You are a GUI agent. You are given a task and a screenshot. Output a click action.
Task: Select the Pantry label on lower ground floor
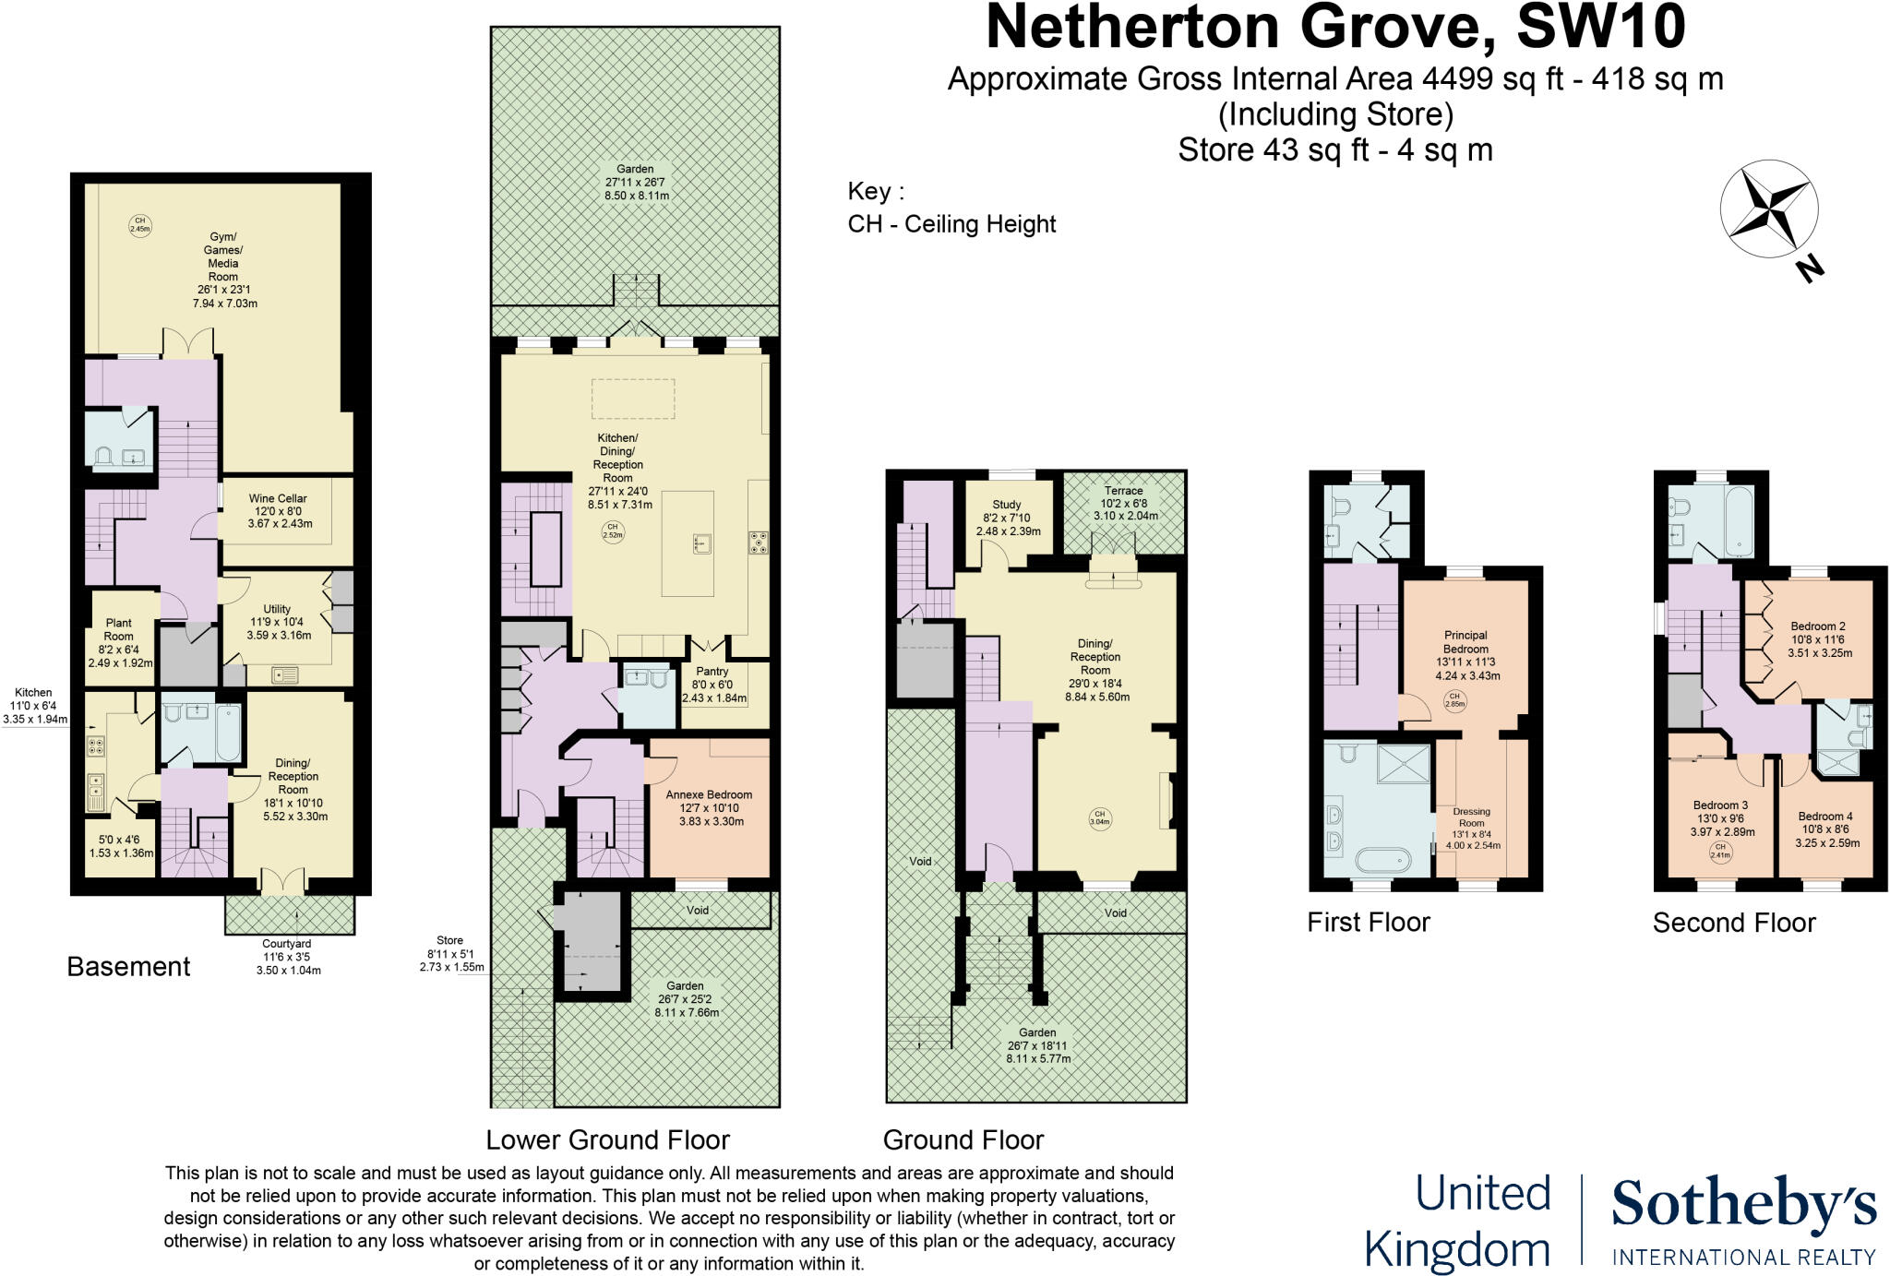(712, 672)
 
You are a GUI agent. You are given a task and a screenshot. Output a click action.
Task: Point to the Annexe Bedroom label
(709, 794)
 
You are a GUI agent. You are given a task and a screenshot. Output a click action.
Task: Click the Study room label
(1007, 505)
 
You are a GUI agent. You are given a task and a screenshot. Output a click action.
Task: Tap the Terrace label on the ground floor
(1123, 491)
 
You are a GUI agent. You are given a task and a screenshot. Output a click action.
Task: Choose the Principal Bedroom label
(1465, 642)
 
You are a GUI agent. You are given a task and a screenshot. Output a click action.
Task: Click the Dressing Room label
(1471, 817)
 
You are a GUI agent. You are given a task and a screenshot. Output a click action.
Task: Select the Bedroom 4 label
(1824, 817)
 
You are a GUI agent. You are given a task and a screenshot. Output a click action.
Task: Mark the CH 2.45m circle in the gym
(139, 225)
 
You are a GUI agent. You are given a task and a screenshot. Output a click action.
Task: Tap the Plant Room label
(118, 629)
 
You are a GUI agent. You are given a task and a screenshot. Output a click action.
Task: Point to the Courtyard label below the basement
(287, 944)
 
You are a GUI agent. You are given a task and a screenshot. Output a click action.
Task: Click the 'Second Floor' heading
(1733, 923)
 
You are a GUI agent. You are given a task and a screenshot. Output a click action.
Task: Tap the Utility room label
(277, 609)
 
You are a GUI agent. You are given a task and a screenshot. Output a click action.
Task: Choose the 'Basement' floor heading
(128, 967)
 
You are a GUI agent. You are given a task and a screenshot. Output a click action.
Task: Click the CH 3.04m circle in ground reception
(1099, 817)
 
